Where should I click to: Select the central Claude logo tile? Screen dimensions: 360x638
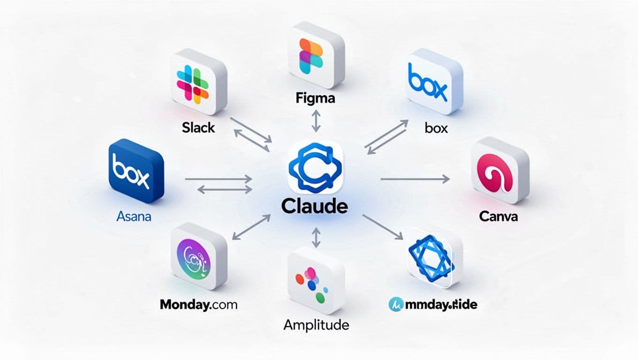[316, 168]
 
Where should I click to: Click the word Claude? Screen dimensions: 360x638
[315, 206]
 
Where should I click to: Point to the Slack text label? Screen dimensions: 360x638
[198, 127]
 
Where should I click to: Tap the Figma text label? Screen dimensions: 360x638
[315, 98]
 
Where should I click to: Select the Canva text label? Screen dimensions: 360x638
[498, 217]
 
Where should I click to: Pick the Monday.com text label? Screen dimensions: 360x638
[198, 305]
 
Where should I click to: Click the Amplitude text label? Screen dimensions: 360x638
[316, 324]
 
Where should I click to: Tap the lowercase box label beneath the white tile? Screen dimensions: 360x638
[436, 127]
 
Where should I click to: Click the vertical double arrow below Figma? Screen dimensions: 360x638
[316, 121]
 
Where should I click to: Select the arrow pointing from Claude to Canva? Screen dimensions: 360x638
[414, 179]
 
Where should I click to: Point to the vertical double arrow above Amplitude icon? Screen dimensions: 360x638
[316, 237]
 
